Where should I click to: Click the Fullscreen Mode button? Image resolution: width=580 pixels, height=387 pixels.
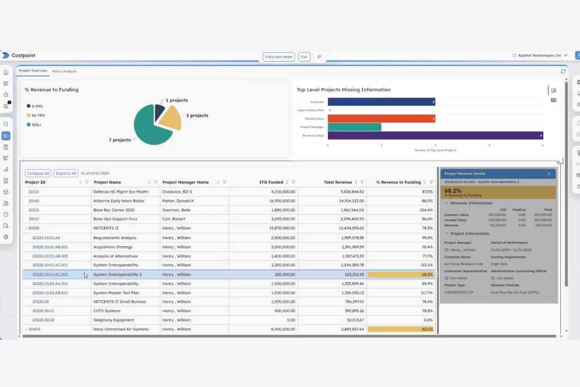click(279, 57)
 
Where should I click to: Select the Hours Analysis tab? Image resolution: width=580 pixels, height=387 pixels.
click(64, 71)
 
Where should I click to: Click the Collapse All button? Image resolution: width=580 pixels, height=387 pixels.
click(38, 173)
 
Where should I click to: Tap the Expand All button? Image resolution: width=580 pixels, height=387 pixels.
click(66, 173)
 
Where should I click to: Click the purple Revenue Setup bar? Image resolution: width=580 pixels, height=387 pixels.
click(435, 136)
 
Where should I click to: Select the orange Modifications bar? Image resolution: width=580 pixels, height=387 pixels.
click(381, 119)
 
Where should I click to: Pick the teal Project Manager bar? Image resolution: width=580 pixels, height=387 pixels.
click(354, 127)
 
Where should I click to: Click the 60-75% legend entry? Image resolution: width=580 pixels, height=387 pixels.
click(38, 116)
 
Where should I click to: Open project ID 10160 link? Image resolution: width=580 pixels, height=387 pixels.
click(34, 201)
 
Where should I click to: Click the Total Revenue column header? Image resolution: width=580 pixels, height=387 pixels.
click(337, 182)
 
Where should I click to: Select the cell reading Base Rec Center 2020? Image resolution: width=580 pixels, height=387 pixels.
click(114, 210)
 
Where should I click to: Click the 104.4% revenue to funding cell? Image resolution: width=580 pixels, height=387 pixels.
click(426, 210)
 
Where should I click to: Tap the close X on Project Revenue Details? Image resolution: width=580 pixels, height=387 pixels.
click(549, 174)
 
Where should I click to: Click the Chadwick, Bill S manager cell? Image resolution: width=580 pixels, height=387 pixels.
click(177, 192)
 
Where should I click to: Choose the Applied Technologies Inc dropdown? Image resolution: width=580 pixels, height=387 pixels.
click(540, 56)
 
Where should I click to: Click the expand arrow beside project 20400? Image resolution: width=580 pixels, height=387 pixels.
click(26, 330)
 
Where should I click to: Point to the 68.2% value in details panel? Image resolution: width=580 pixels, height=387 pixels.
click(453, 191)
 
